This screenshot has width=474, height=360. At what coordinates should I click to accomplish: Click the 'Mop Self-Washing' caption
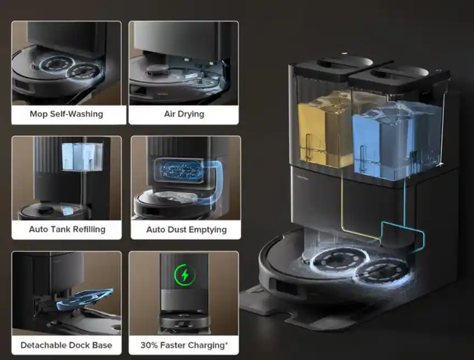[66, 114]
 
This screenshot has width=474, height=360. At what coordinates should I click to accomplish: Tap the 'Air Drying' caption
[184, 114]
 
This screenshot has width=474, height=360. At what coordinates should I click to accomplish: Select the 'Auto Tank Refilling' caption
[67, 229]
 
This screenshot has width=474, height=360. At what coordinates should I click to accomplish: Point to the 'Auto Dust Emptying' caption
[186, 229]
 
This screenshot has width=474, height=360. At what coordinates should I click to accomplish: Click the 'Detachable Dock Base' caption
[66, 345]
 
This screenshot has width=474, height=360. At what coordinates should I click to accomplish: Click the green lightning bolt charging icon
[185, 275]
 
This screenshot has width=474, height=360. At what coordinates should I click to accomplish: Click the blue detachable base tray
[85, 299]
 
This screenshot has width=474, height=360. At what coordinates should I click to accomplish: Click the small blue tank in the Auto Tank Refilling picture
[82, 156]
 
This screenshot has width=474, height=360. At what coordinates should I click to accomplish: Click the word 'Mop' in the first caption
[38, 114]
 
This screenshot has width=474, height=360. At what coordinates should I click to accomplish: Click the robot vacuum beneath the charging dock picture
[184, 323]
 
